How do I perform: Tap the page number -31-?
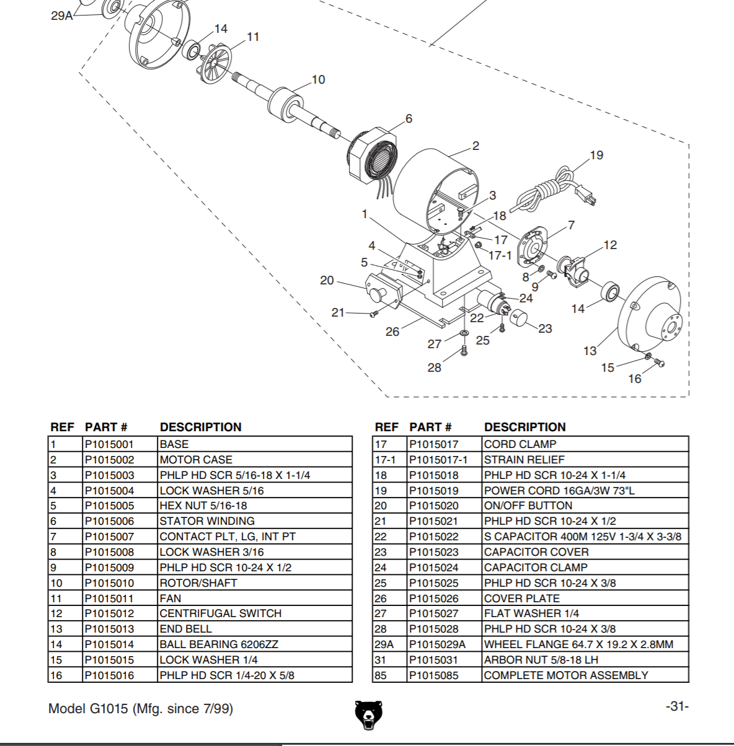(677, 706)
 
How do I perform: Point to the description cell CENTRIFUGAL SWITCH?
(220, 613)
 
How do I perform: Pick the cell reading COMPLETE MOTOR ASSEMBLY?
(565, 675)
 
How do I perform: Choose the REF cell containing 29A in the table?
(384, 644)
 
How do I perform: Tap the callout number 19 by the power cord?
(596, 155)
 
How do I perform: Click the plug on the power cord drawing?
(586, 196)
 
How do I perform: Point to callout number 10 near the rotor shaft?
(318, 79)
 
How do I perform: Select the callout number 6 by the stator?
(409, 118)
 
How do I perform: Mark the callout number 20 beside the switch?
(327, 280)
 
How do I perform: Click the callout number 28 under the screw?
(435, 367)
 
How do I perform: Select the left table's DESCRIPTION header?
(200, 427)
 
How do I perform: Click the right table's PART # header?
(430, 427)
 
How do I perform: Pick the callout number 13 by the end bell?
(590, 351)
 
